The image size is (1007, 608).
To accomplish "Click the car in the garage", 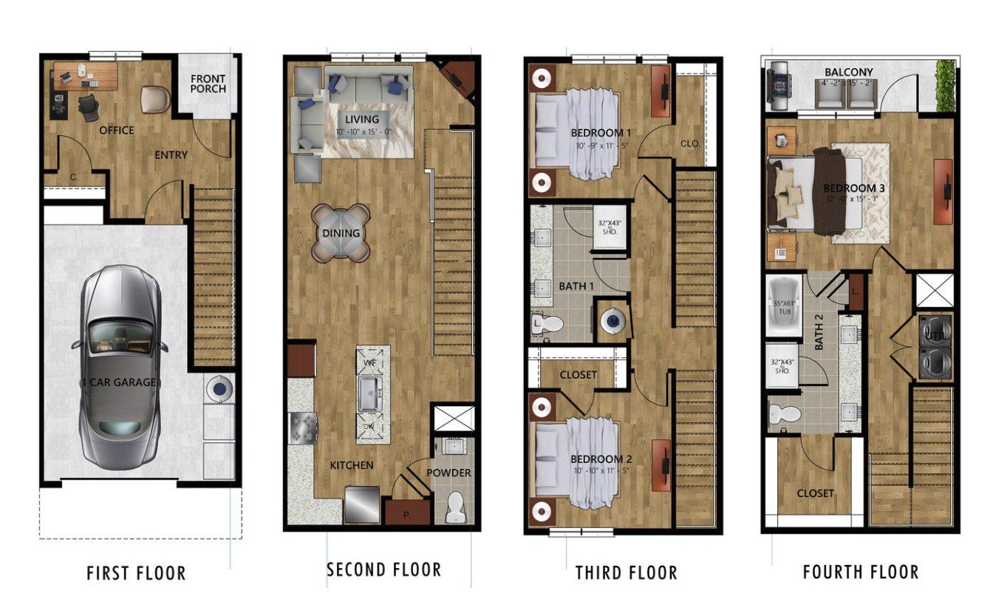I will (x=120, y=366).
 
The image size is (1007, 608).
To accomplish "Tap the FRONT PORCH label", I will (x=208, y=84).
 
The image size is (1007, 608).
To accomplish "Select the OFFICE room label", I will (x=117, y=130).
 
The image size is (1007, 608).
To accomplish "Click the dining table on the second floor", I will (x=341, y=233).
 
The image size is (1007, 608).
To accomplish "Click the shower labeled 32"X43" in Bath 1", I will (x=610, y=226).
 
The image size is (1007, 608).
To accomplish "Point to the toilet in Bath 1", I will (x=547, y=322).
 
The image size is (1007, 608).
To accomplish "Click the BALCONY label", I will (x=849, y=72).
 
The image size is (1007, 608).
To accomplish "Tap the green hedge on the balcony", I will (x=945, y=86).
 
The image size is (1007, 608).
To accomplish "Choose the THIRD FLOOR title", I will (x=626, y=572).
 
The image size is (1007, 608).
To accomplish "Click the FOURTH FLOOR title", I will (x=861, y=572).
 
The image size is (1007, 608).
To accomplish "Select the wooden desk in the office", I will (x=86, y=75).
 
